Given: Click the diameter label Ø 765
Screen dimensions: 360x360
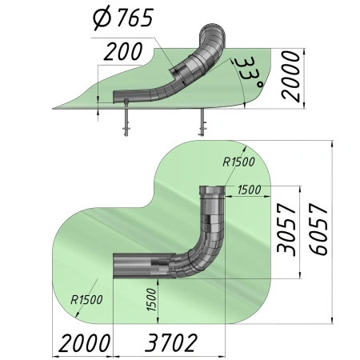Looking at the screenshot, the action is pyautogui.click(x=123, y=18).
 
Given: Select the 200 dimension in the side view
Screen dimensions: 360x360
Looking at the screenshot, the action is pyautogui.click(x=123, y=51).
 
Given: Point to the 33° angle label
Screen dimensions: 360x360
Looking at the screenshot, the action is pyautogui.click(x=250, y=73).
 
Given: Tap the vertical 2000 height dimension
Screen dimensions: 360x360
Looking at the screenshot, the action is pyautogui.click(x=290, y=77).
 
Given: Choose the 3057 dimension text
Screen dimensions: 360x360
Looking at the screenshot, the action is pyautogui.click(x=286, y=230).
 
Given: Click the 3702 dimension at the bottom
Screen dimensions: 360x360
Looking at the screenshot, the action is pyautogui.click(x=171, y=343).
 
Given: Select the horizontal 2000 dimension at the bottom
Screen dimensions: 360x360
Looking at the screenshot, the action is pyautogui.click(x=84, y=343).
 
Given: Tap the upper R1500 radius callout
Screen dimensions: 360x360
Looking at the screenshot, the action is pyautogui.click(x=238, y=162).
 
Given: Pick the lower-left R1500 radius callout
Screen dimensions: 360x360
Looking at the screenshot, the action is pyautogui.click(x=86, y=300).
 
